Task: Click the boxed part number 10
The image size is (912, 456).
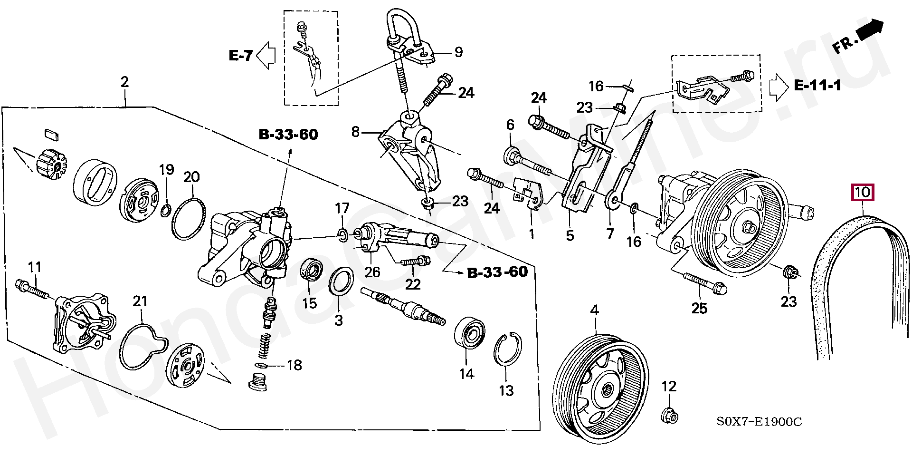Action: click(x=862, y=193)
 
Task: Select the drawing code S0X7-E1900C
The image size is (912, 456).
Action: click(x=759, y=421)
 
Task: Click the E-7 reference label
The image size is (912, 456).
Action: click(x=240, y=56)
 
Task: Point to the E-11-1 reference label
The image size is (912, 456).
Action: click(x=817, y=86)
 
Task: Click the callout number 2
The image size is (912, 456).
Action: click(x=124, y=82)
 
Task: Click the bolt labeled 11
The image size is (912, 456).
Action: click(x=31, y=289)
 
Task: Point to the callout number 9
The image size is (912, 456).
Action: click(x=458, y=52)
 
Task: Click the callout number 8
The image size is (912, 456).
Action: click(x=355, y=132)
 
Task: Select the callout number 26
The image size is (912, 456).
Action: click(x=372, y=272)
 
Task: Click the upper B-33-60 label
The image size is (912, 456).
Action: click(x=288, y=135)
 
